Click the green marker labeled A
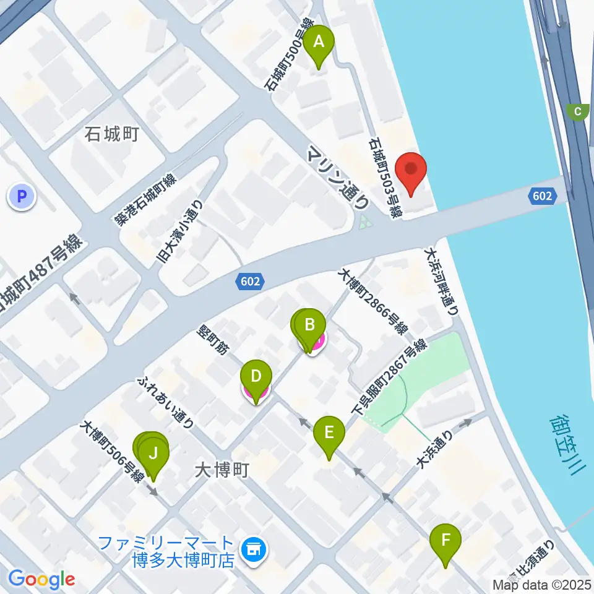pyautogui.click(x=319, y=44)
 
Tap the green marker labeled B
pyautogui.click(x=310, y=325)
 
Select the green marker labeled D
pyautogui.click(x=256, y=377)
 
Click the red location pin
pyautogui.click(x=411, y=170)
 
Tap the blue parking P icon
pyautogui.click(x=22, y=197)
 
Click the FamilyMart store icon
pyautogui.click(x=252, y=548)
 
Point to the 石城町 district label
pyautogui.click(x=112, y=133)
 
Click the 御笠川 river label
pyautogui.click(x=567, y=444)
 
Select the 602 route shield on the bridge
pyautogui.click(x=542, y=196)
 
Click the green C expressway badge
pyautogui.click(x=578, y=112)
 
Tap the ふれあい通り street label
pyautogui.click(x=167, y=402)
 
